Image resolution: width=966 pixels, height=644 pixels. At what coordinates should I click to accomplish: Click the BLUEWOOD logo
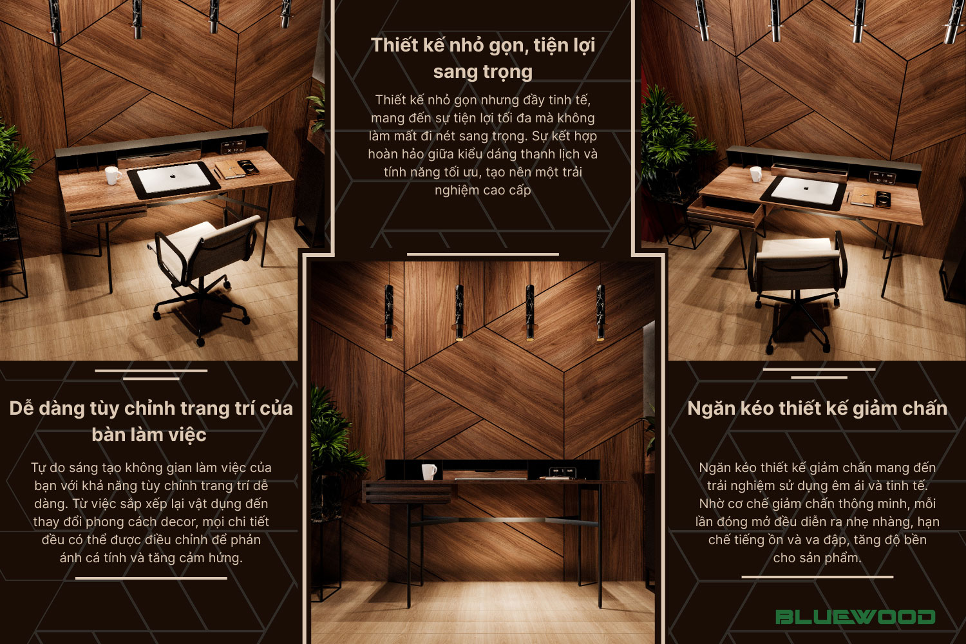click(855, 617)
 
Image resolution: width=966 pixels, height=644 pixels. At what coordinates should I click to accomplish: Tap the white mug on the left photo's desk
click(113, 176)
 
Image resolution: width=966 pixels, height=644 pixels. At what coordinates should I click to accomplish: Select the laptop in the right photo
click(805, 191)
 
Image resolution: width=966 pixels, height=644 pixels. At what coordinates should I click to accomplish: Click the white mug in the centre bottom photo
click(429, 472)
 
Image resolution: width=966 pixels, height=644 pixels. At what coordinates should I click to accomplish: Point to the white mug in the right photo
click(755, 175)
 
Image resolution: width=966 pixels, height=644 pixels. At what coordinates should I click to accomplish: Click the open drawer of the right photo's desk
click(725, 210)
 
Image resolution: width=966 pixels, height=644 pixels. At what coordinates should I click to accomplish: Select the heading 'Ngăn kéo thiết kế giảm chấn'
click(817, 408)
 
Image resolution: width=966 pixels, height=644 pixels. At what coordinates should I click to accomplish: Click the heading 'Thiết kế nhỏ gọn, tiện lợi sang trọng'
click(483, 58)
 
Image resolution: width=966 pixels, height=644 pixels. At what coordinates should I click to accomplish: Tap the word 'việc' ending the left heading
click(187, 435)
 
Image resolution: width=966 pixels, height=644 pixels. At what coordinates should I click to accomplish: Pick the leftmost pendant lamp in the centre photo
click(389, 312)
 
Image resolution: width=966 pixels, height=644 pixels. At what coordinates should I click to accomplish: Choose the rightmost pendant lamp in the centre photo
click(600, 312)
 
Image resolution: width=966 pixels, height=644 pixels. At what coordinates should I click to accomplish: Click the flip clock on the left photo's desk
click(233, 147)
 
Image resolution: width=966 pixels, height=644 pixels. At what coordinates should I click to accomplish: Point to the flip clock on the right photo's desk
click(882, 177)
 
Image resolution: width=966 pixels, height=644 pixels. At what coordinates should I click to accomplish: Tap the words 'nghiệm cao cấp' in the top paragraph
click(482, 190)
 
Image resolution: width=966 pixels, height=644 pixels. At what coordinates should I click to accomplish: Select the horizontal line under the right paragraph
click(817, 577)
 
